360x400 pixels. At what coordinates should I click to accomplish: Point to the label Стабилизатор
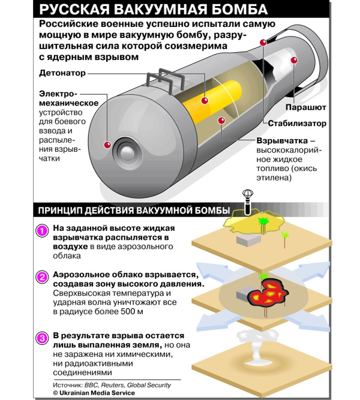296,124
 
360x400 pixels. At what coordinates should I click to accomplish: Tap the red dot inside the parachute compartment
294,60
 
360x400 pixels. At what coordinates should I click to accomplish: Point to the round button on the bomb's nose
128,153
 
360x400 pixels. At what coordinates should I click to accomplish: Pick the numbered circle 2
42,276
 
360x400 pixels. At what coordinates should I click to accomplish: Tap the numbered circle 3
42,339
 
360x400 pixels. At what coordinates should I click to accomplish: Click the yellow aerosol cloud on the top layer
252,222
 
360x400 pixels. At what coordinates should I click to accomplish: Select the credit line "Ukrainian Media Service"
97,393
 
